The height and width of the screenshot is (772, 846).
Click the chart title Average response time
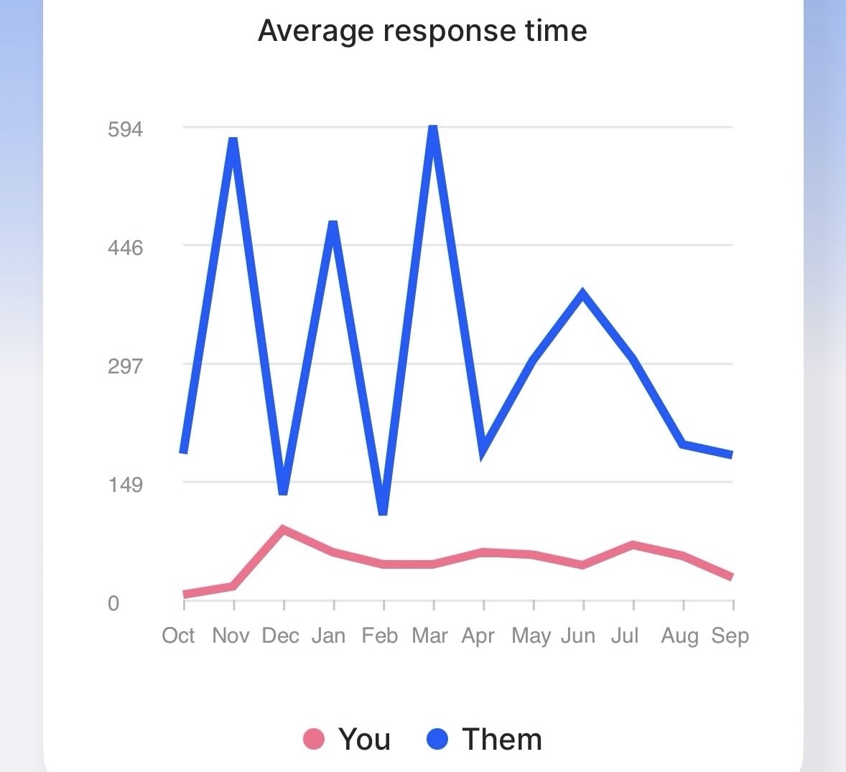coord(422,31)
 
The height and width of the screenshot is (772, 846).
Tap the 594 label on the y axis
coord(126,129)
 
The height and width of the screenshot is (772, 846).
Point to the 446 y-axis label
coord(126,248)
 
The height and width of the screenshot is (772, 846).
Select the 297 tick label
coord(126,366)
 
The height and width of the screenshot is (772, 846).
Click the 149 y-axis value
coord(126,485)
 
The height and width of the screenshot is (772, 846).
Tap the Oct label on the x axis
coord(178,636)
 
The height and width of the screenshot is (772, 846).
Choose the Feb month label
coord(379,636)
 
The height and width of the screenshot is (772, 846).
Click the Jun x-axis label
coord(578,636)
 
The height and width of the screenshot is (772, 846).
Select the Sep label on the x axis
coord(730,636)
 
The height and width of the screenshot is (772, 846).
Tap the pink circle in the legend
coord(314,738)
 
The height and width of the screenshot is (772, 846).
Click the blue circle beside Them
coord(437,738)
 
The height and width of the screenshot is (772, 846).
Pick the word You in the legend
coord(364,739)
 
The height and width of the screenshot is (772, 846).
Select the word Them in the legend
coord(502,739)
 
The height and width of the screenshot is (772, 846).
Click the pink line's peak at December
coord(284,530)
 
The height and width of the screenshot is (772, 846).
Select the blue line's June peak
coord(583,293)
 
